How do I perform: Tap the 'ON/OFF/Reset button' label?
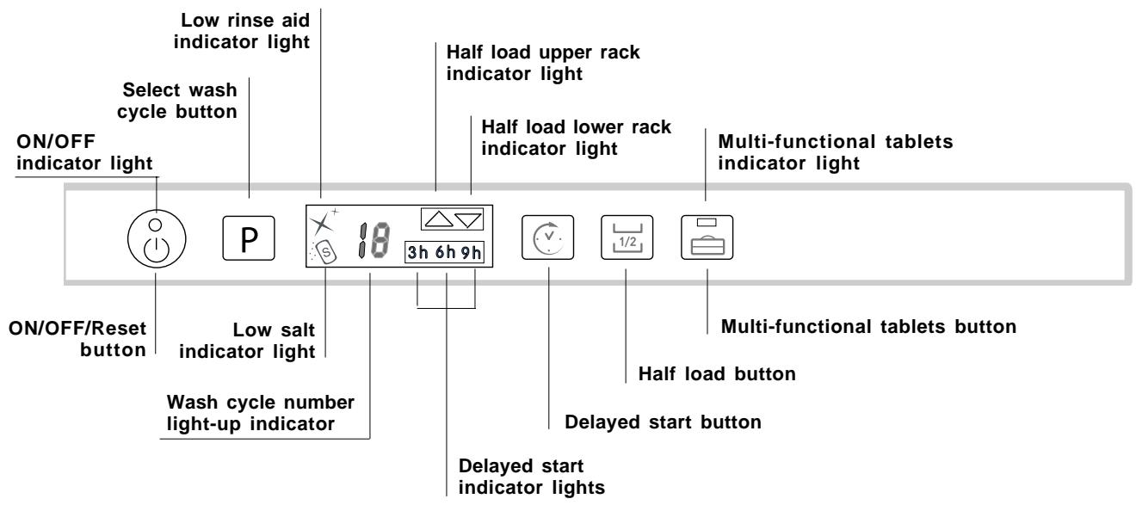pyautogui.click(x=77, y=341)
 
